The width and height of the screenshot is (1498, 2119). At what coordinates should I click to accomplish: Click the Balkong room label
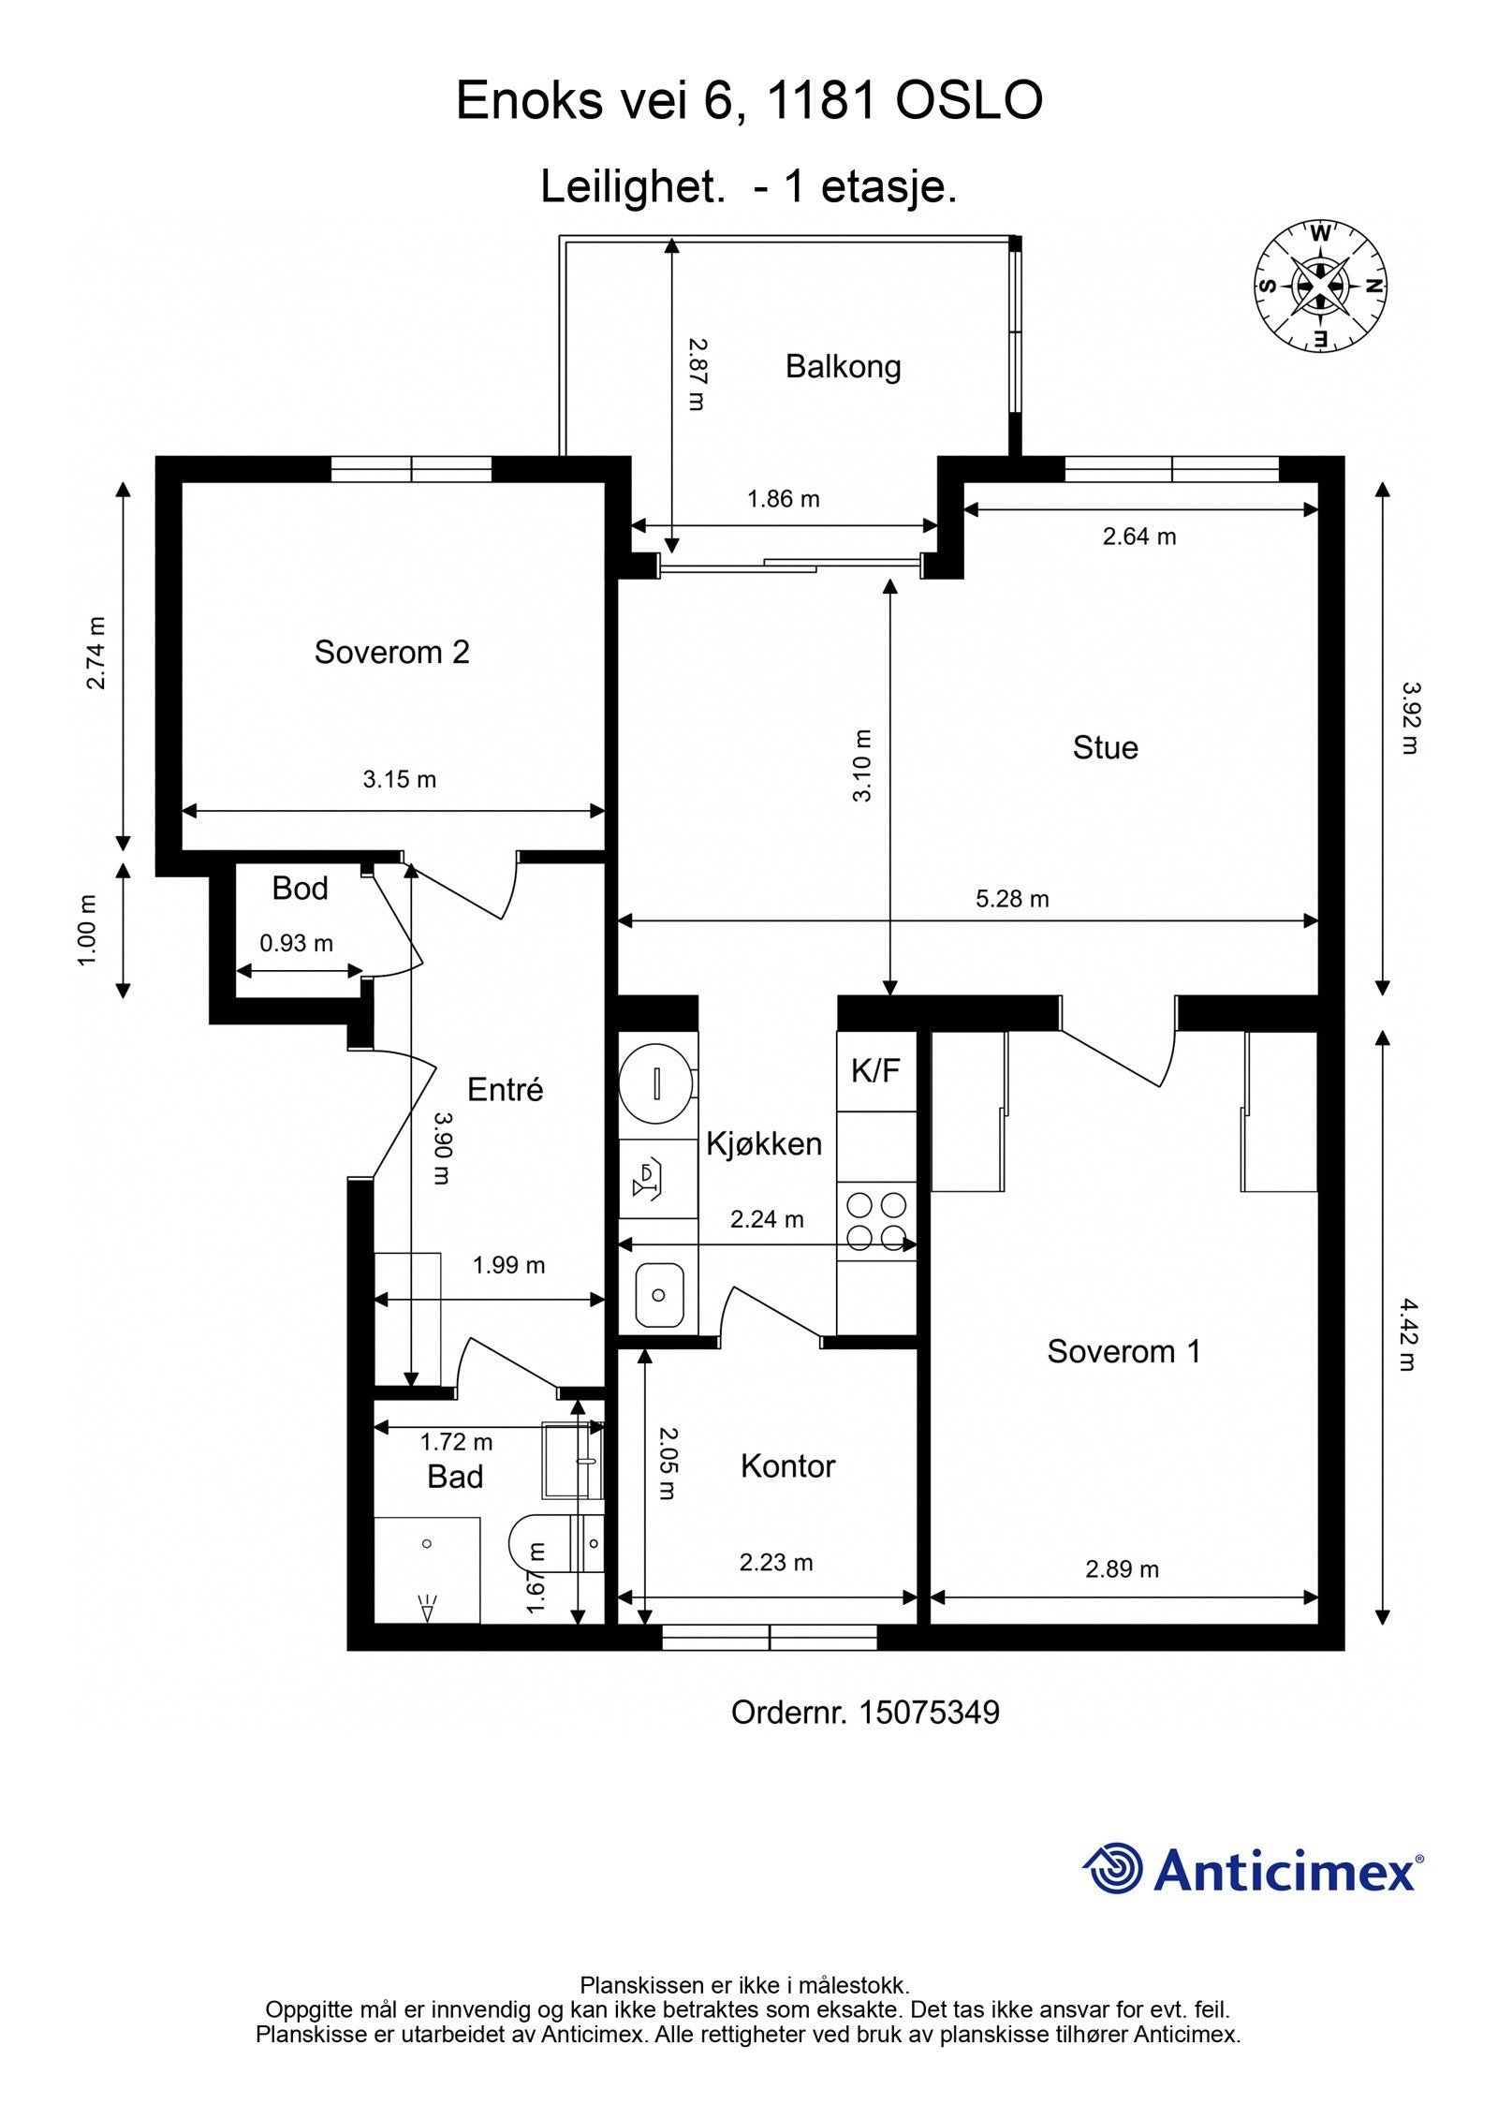(x=842, y=366)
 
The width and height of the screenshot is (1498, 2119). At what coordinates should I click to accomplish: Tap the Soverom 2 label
(x=391, y=652)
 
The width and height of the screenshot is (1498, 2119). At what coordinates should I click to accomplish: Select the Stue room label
(x=1105, y=747)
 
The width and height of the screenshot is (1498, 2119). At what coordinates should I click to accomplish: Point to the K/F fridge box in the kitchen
(x=875, y=1070)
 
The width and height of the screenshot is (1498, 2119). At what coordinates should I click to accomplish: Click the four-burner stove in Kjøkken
(x=876, y=1221)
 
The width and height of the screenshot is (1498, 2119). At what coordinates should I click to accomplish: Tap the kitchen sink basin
(x=658, y=1295)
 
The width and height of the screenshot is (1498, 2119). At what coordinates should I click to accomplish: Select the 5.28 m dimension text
(x=1012, y=899)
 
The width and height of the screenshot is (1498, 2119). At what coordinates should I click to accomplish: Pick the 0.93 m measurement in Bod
(x=296, y=943)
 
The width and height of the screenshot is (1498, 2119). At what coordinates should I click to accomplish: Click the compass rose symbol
(x=1320, y=287)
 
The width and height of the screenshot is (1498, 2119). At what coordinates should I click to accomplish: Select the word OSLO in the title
(x=969, y=101)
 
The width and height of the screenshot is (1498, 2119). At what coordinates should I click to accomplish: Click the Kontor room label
(x=787, y=1466)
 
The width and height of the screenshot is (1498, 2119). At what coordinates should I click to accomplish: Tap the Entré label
(x=505, y=1090)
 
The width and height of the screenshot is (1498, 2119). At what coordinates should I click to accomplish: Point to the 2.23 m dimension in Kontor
(x=776, y=1563)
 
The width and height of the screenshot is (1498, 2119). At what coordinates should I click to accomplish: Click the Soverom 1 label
(x=1123, y=1351)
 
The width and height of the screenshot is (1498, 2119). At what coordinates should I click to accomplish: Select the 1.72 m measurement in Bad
(x=456, y=1443)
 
